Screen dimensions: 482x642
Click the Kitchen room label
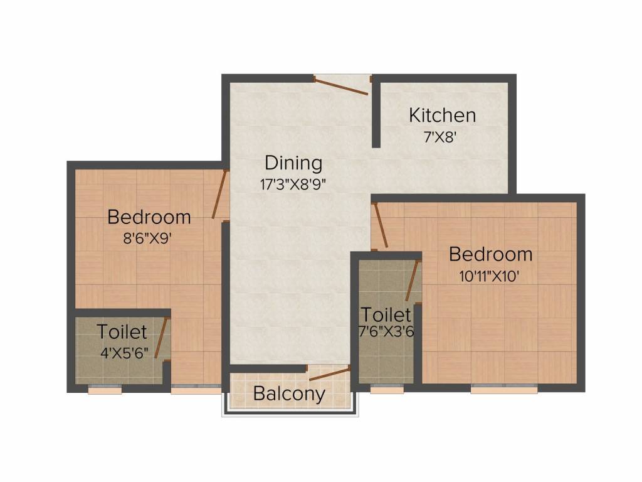click(x=442, y=115)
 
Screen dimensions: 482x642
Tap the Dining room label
click(x=293, y=163)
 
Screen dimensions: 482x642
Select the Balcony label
click(x=289, y=394)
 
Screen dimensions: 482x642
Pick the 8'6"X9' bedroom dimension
click(x=149, y=238)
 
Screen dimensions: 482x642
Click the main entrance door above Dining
click(x=341, y=86)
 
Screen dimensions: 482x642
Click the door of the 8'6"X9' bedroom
click(x=219, y=195)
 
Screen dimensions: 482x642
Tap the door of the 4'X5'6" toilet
click(x=162, y=339)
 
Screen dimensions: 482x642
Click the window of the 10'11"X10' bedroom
click(x=504, y=388)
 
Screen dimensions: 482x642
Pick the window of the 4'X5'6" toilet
click(x=105, y=389)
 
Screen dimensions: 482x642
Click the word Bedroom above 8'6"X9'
click(x=149, y=217)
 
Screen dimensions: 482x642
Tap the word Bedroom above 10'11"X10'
click(x=491, y=254)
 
